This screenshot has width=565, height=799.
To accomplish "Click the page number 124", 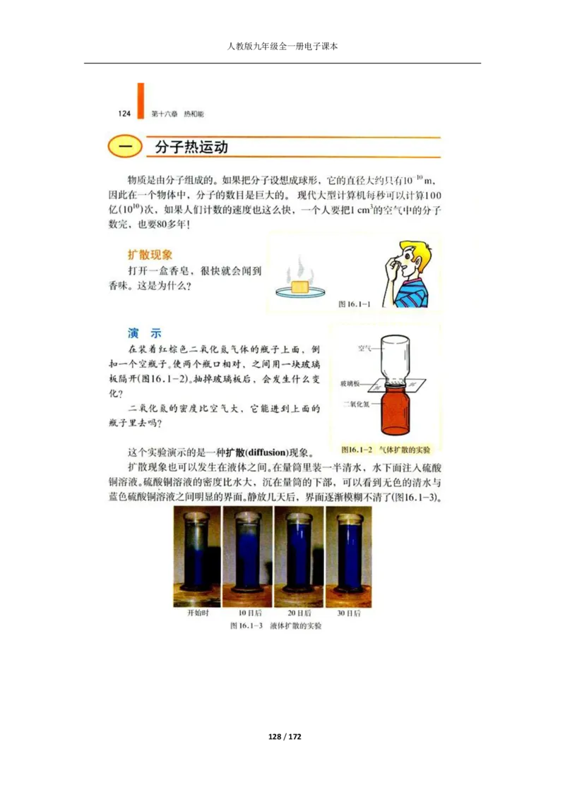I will pos(124,114).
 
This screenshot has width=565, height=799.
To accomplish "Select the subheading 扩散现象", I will pos(150,255).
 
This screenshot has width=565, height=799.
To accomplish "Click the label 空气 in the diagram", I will pos(365,348).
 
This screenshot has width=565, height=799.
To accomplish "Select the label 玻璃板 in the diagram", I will pos(350,383).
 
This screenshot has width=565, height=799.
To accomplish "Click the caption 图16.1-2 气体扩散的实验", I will pos(385,449).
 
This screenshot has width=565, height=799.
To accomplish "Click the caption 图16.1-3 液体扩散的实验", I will pos(275,626).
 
